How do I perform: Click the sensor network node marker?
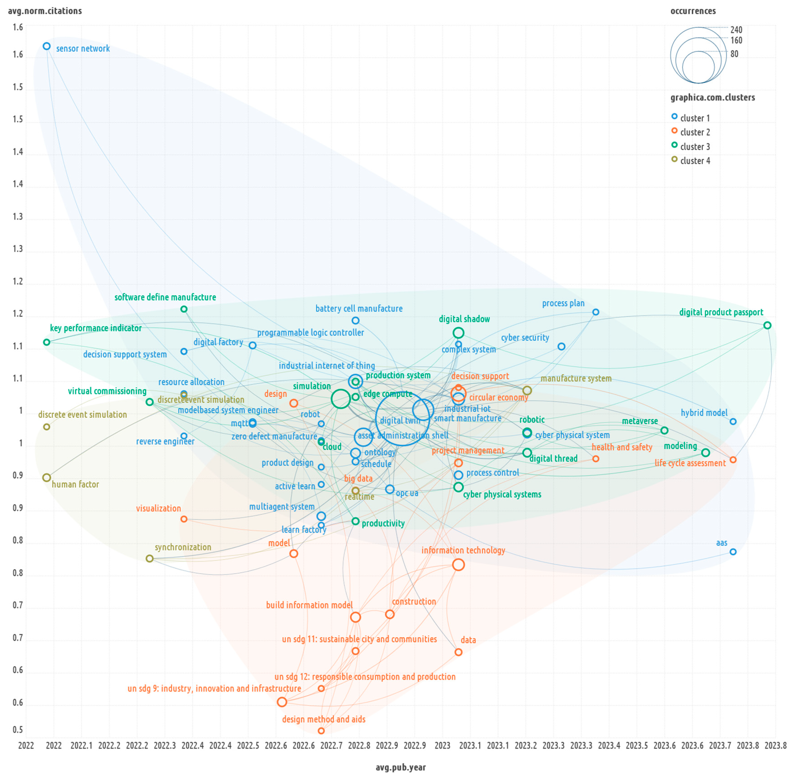tap(47, 46)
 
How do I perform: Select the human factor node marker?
tap(47, 478)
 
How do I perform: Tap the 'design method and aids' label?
tap(323, 719)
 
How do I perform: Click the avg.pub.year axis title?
tap(400, 767)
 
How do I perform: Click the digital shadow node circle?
tap(458, 333)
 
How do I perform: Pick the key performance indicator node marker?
tap(47, 342)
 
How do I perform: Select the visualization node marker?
tap(184, 519)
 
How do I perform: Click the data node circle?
tap(458, 652)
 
